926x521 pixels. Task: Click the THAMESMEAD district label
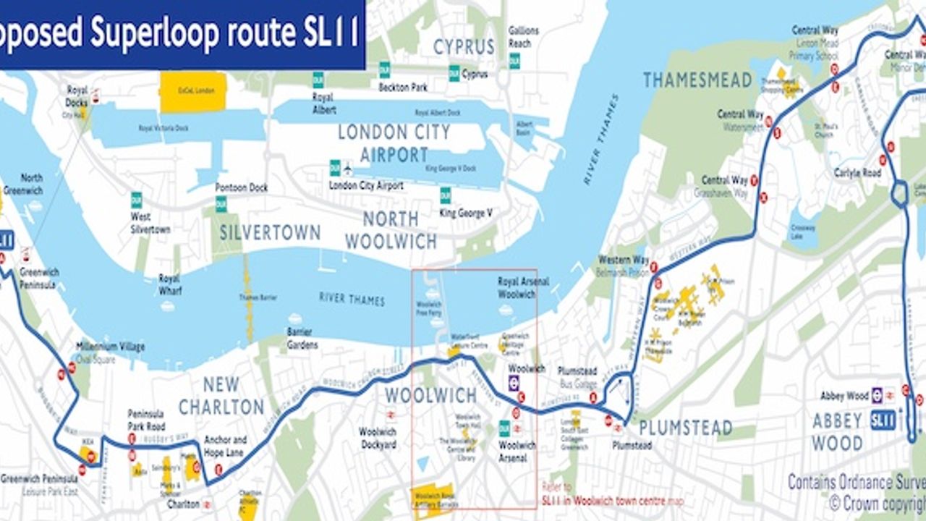click(x=697, y=80)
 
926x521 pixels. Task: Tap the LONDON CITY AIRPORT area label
click(x=394, y=143)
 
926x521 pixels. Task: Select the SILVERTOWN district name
click(x=270, y=232)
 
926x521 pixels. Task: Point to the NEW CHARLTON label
click(x=221, y=396)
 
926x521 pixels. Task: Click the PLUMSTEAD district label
click(x=685, y=428)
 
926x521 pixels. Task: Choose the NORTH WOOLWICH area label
click(x=391, y=230)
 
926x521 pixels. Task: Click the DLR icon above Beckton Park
click(x=384, y=70)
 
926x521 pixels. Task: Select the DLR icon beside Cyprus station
click(x=454, y=73)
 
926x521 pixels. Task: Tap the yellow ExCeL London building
click(x=193, y=92)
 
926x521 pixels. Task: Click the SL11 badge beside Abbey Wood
click(x=883, y=420)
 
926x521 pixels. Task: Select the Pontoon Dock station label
click(x=241, y=187)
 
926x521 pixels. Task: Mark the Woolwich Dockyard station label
click(x=378, y=438)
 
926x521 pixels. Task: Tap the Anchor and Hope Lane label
click(x=225, y=444)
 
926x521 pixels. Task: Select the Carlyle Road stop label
click(x=857, y=173)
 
